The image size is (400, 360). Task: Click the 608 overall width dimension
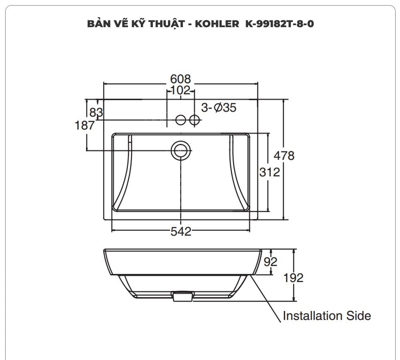180,79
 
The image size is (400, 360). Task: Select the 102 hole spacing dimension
180,91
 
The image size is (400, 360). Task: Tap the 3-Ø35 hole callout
218,107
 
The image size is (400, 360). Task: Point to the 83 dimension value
96,112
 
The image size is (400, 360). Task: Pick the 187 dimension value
85,125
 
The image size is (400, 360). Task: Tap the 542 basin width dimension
181,231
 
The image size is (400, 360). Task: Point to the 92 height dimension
270,262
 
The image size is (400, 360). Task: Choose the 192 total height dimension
294,278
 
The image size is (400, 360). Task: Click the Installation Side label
326,316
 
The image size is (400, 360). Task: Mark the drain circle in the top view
181,150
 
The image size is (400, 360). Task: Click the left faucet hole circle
181,119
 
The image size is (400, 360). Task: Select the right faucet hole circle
194,119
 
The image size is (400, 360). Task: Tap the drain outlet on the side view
182,296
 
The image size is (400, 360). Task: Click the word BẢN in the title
98,24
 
